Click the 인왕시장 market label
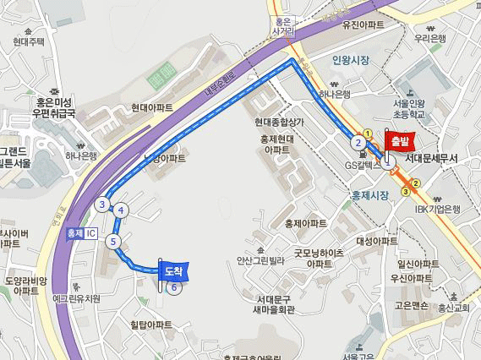click(x=352, y=61)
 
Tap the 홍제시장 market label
click(x=369, y=195)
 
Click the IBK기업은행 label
click(x=437, y=210)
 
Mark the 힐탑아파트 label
click(x=151, y=325)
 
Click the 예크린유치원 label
click(x=76, y=298)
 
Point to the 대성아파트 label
click(x=376, y=241)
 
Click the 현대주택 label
click(x=29, y=41)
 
